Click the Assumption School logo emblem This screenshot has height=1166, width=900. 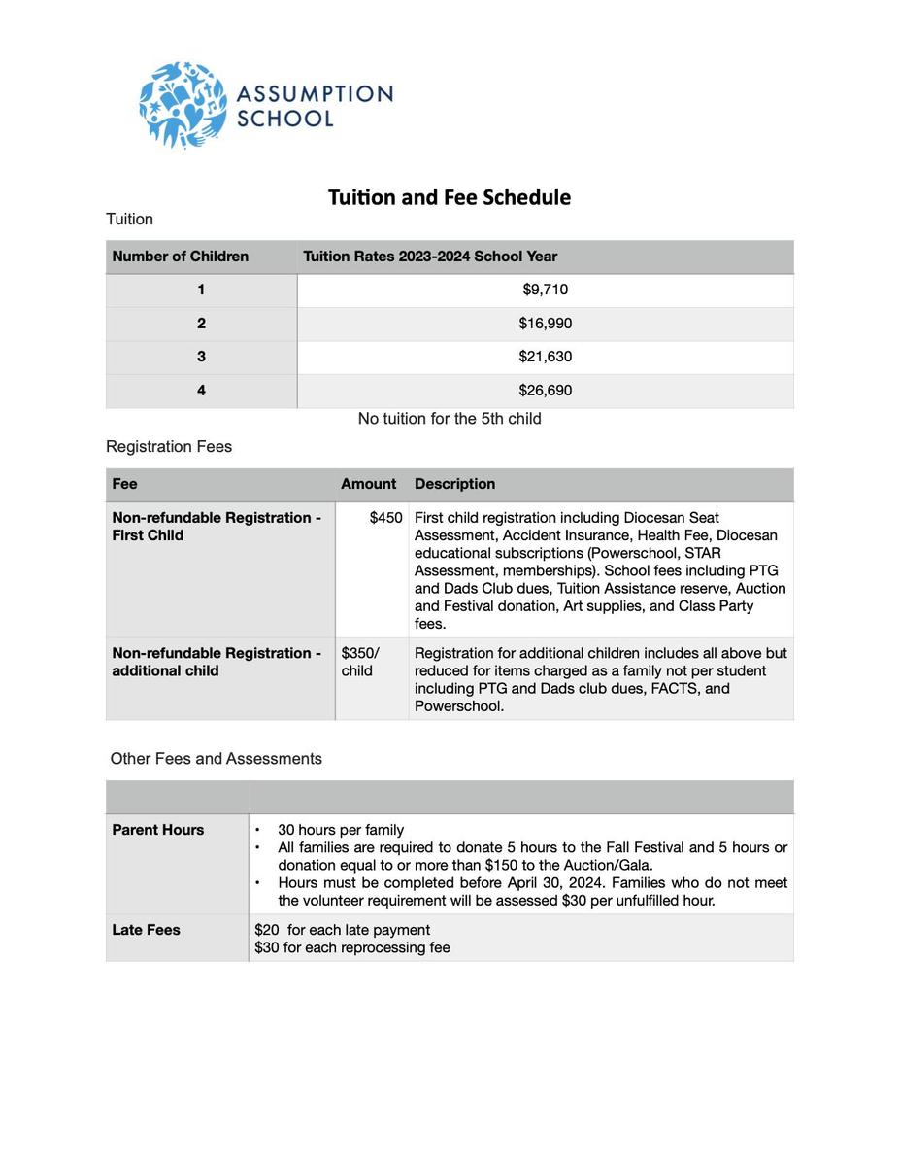point(183,104)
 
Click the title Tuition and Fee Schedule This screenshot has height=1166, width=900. point(449,197)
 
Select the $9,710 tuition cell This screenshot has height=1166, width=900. point(545,290)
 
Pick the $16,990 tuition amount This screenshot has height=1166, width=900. point(545,324)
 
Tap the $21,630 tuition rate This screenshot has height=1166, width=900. point(545,357)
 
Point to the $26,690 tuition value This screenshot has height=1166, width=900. point(545,391)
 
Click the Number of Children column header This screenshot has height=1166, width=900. point(181,257)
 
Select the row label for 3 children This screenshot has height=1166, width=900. point(201,357)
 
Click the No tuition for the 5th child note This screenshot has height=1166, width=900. point(450,419)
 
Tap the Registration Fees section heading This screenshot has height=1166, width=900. point(169,447)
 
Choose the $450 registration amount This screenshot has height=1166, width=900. point(385,518)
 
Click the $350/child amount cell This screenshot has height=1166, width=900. point(360,662)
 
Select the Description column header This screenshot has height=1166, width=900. point(454,484)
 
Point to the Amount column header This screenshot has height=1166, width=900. point(368,484)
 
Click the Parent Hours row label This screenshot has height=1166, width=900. point(158,830)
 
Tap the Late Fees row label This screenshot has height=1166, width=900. point(146,930)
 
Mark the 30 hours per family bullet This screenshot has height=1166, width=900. point(341,830)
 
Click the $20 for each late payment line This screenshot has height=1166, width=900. point(342,930)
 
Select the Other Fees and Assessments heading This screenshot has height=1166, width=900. point(216,759)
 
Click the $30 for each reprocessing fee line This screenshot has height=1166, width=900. point(352,947)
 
